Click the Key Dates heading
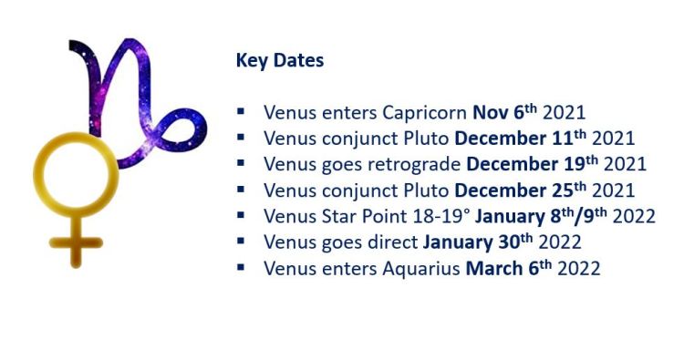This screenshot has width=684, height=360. tap(279, 61)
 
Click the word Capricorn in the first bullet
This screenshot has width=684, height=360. tap(425, 114)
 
